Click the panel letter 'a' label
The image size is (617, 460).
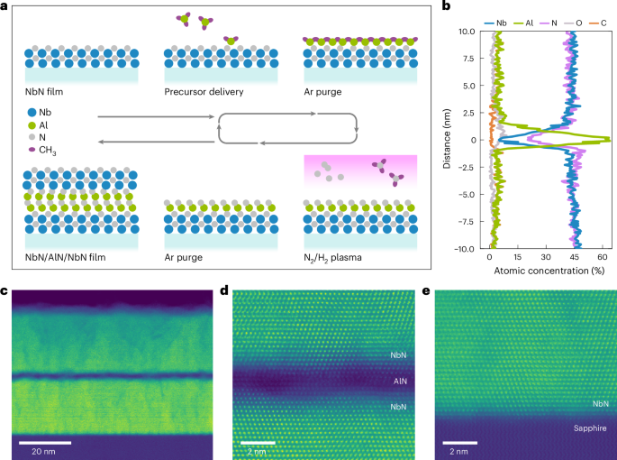click(x=5, y=6)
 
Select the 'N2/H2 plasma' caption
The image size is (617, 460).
click(x=332, y=257)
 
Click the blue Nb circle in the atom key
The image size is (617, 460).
click(x=32, y=111)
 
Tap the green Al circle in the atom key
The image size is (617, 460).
click(x=32, y=124)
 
